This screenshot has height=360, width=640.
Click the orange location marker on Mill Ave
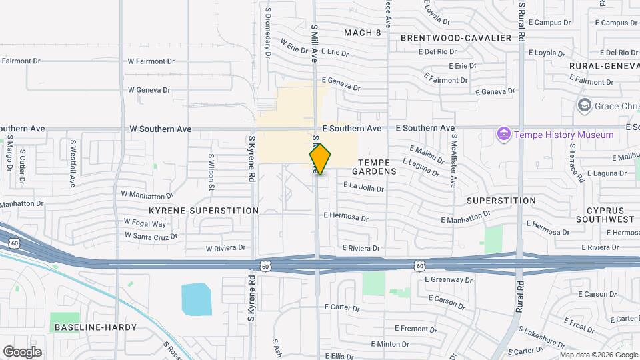pyautogui.click(x=320, y=159)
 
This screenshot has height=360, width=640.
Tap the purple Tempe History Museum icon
pyautogui.click(x=503, y=135)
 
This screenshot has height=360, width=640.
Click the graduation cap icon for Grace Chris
pyautogui.click(x=585, y=105)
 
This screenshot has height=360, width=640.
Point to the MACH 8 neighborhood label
pyautogui.click(x=363, y=32)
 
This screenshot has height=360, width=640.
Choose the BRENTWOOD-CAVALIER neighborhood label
pyautogui.click(x=456, y=38)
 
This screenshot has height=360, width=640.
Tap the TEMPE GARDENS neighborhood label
pyautogui.click(x=377, y=167)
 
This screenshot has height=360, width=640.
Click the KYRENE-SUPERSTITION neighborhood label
pyautogui.click(x=203, y=211)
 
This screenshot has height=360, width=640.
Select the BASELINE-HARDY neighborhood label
pyautogui.click(x=95, y=327)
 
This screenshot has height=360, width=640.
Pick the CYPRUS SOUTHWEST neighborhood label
pyautogui.click(x=605, y=215)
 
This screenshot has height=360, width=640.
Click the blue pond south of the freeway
pyautogui.click(x=196, y=299)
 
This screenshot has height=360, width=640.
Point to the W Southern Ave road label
pyautogui.click(x=160, y=129)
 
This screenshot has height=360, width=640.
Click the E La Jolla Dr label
pyautogui.click(x=363, y=187)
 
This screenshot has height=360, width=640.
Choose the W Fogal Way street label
pyautogui.click(x=145, y=223)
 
